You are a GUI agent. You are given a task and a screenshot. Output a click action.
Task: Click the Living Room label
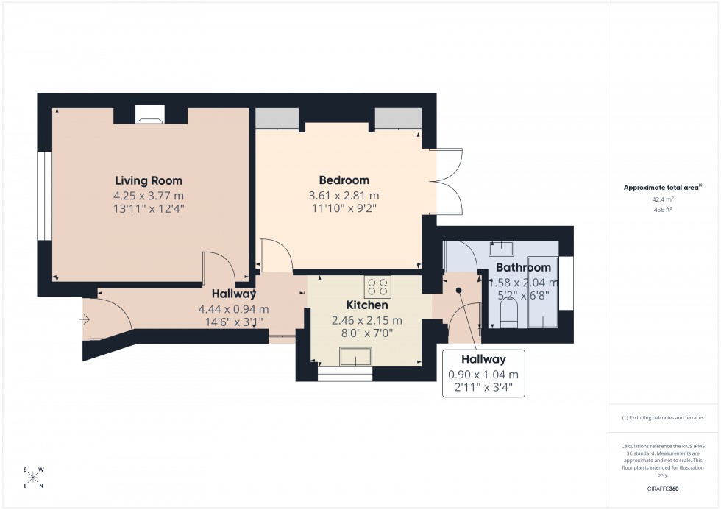coord(148,180)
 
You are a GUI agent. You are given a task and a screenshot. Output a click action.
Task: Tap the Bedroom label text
coord(344,180)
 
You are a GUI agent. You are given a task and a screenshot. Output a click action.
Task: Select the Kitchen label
coord(366,305)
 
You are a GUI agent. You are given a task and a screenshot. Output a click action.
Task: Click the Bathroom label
coord(522,267)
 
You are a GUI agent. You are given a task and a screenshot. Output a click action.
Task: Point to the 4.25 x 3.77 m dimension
coord(148,196)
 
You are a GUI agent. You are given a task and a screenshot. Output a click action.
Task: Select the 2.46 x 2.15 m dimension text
coord(366,320)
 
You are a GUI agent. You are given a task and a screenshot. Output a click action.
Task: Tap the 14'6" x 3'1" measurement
coord(233,325)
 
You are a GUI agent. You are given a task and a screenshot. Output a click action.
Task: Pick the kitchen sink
coord(357,358)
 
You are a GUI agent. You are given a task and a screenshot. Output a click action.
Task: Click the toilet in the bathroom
coord(508,317)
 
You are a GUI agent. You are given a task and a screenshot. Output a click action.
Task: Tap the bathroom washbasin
coord(502,247)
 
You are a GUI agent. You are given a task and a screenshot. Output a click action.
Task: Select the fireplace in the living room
coord(151,114)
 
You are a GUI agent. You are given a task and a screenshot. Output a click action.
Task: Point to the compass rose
coord(34,478)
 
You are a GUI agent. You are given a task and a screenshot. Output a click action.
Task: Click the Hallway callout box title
coord(483,359)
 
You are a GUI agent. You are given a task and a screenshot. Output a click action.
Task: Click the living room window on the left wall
coord(44,196)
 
